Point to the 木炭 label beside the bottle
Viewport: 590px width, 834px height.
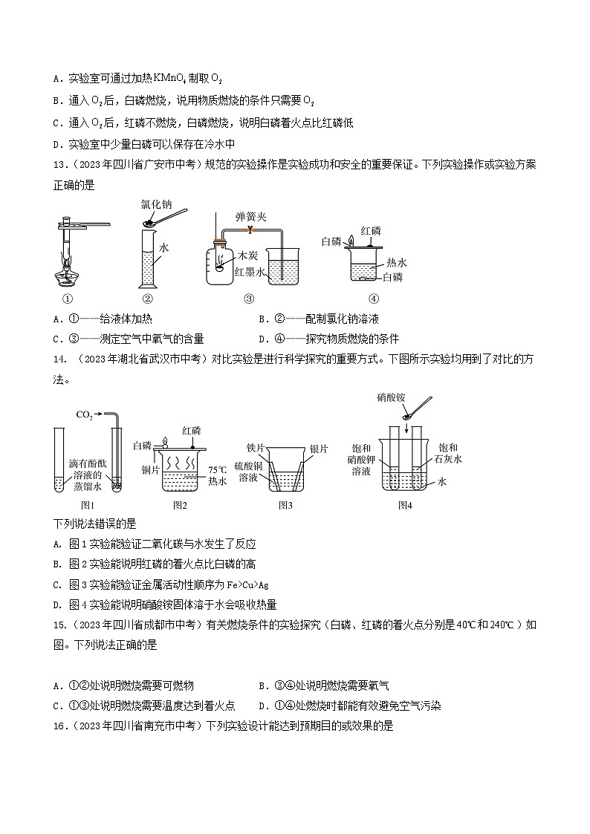pos(247,256)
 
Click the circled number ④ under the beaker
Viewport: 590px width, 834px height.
pos(373,299)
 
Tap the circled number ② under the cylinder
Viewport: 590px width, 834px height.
pos(147,299)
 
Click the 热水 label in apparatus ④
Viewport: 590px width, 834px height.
pos(397,262)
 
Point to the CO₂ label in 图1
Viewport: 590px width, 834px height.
pos(84,414)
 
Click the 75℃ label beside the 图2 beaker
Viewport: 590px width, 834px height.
pos(217,469)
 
